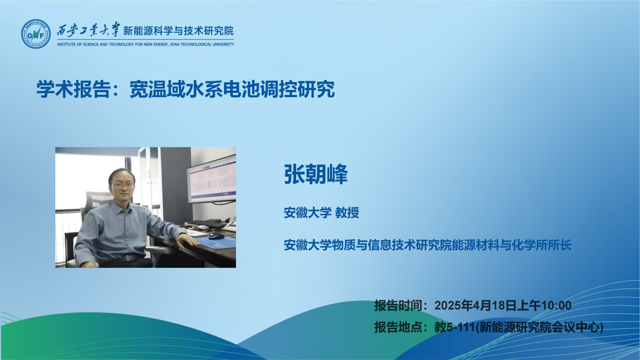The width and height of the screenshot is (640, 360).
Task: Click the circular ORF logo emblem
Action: pyautogui.click(x=36, y=34)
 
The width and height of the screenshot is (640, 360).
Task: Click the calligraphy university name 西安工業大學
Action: pyautogui.click(x=88, y=31)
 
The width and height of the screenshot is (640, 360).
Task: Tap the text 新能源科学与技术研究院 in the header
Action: pyautogui.click(x=178, y=31)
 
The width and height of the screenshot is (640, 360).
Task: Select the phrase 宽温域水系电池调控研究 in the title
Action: pyautogui.click(x=232, y=89)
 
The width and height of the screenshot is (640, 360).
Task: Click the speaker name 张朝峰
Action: pyautogui.click(x=316, y=174)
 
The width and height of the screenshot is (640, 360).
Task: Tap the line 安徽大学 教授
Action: pyautogui.click(x=321, y=213)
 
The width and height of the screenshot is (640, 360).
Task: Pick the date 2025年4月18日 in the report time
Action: pyautogui.click(x=475, y=306)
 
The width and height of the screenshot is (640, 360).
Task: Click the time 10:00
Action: pyautogui.click(x=556, y=306)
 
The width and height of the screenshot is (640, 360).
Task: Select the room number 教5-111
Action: pyautogui.click(x=455, y=327)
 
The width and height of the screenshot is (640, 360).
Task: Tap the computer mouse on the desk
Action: pyautogui.click(x=216, y=236)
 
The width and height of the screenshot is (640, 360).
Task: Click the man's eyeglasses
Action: pyautogui.click(x=122, y=185)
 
